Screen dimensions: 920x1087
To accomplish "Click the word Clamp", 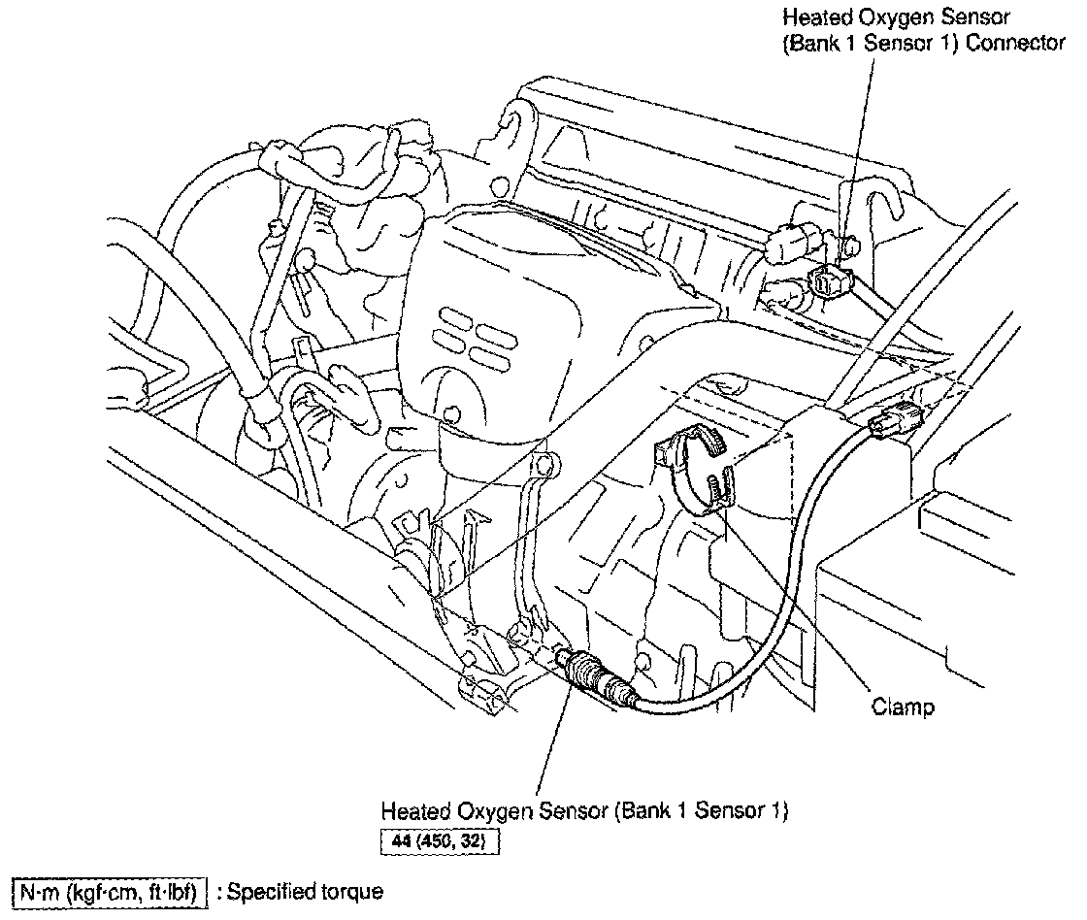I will click(902, 706).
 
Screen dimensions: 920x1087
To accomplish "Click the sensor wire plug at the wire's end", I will click(894, 420).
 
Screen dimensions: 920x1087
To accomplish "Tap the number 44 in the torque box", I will click(401, 838).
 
